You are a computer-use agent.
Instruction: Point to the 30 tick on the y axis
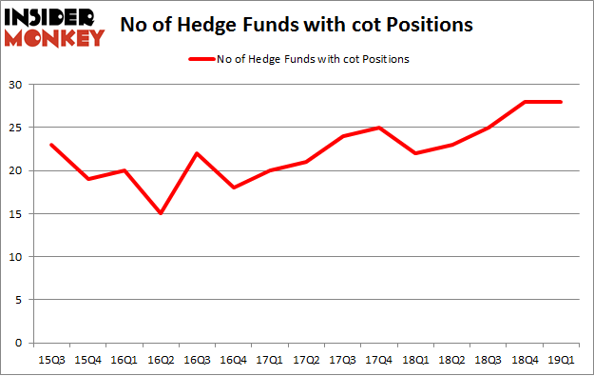[x=16, y=85]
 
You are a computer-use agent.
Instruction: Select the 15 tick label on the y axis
[x=16, y=214]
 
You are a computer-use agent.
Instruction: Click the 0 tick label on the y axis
[x=19, y=343]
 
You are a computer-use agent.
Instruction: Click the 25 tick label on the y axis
[x=16, y=128]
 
